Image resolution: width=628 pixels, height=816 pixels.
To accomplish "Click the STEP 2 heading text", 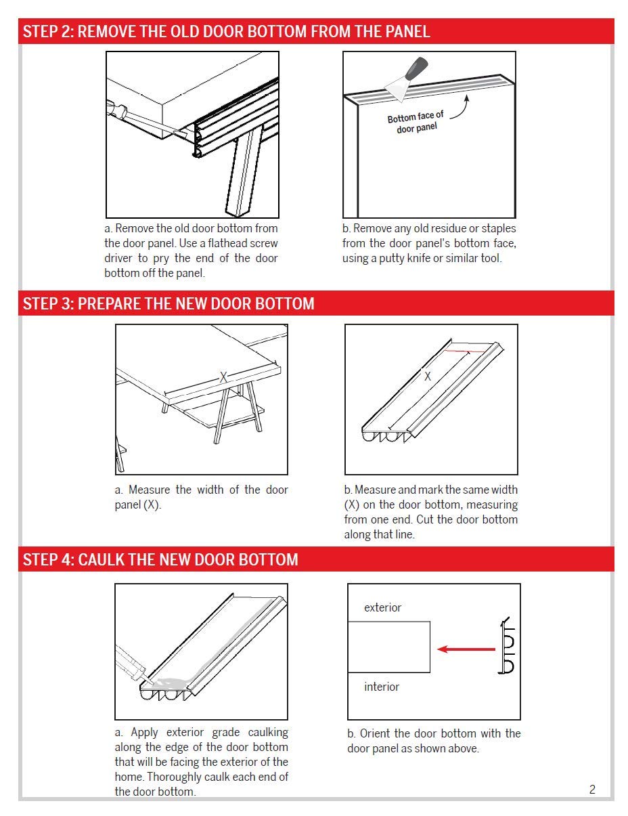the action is point(226,32).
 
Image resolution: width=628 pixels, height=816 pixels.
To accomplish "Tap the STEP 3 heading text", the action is point(169,303).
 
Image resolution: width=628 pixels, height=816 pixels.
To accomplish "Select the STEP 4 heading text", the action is point(160,559).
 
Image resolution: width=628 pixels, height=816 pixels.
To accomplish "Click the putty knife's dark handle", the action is point(416,68).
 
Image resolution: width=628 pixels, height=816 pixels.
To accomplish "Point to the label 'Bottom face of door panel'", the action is point(416,122).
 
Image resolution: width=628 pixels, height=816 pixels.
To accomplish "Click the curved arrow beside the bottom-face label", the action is point(462,108).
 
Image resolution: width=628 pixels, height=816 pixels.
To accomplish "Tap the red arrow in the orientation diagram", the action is point(466,649).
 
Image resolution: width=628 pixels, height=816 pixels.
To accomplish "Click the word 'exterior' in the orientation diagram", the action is point(382,607).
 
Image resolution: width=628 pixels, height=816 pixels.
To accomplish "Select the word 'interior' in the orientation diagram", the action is point(382,687).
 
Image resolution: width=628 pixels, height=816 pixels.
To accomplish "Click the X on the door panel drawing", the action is point(223,377).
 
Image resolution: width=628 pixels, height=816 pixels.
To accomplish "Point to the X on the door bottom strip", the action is point(427,376).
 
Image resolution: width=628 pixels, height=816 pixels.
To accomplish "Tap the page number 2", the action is point(592,790).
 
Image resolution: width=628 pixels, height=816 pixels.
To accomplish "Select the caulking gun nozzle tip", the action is point(151,681).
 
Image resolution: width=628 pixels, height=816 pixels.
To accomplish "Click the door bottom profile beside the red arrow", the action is point(507,645).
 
